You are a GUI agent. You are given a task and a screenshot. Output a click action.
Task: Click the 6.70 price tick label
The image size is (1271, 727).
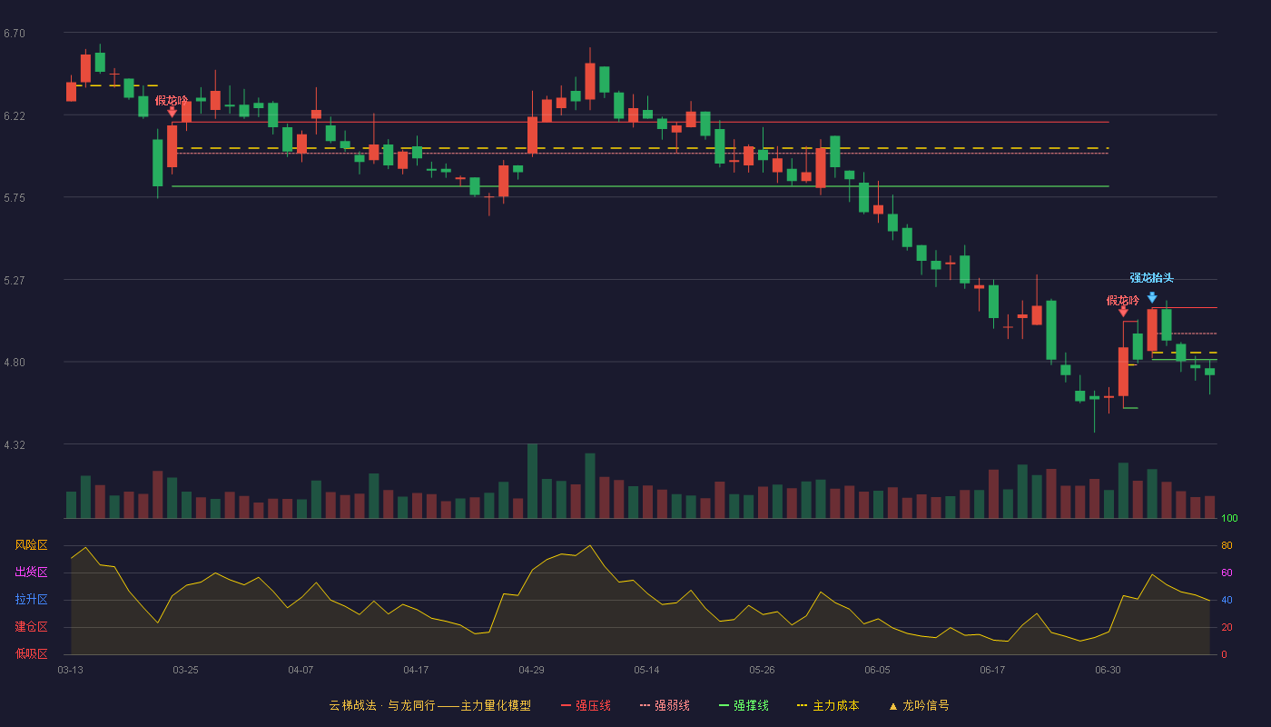pyautogui.click(x=15, y=34)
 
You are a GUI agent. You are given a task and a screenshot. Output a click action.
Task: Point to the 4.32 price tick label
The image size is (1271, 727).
pyautogui.click(x=15, y=444)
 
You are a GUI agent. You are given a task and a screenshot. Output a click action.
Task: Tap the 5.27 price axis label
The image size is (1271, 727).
pyautogui.click(x=15, y=281)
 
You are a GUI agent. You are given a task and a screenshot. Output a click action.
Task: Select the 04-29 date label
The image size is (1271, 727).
pyautogui.click(x=531, y=671)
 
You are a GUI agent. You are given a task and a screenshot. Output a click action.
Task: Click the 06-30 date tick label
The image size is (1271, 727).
pyautogui.click(x=1108, y=671)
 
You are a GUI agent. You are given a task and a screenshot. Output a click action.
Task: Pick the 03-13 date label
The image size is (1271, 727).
pyautogui.click(x=71, y=671)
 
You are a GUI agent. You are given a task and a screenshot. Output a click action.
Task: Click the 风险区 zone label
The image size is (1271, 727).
pyautogui.click(x=31, y=545)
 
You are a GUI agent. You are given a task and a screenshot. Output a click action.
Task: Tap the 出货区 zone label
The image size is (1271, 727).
pyautogui.click(x=31, y=572)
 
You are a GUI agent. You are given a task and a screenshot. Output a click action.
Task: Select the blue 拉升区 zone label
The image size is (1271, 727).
pyautogui.click(x=31, y=599)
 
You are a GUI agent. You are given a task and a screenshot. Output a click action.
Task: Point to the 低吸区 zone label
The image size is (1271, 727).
pyautogui.click(x=31, y=653)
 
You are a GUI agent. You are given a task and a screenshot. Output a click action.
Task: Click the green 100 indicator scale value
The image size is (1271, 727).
pyautogui.click(x=1229, y=518)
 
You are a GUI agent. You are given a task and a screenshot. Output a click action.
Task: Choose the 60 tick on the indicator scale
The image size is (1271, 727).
pyautogui.click(x=1227, y=573)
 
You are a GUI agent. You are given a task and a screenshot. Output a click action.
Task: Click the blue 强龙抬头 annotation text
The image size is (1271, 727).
pyautogui.click(x=1151, y=278)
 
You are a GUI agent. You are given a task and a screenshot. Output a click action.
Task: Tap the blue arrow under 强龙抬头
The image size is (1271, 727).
pyautogui.click(x=1152, y=297)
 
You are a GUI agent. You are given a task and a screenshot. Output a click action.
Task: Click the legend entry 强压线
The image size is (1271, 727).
pyautogui.click(x=586, y=705)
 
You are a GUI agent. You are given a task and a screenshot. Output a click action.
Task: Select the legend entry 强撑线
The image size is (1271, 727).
pyautogui.click(x=744, y=705)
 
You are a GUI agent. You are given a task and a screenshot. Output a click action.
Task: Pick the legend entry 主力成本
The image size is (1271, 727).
pyautogui.click(x=828, y=705)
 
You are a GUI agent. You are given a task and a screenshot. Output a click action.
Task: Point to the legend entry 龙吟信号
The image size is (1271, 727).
pyautogui.click(x=919, y=705)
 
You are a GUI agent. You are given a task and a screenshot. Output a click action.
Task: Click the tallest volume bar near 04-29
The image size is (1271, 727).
pyautogui.click(x=532, y=481)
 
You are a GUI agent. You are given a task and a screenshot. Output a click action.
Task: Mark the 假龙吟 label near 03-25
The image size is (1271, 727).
pyautogui.click(x=172, y=101)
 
